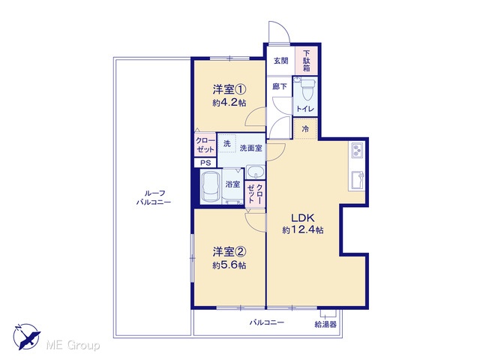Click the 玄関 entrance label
pos(280,61)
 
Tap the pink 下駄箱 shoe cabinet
pos(307,61)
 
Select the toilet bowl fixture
pos(307,89)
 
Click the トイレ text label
pos(305,109)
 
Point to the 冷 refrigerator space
pos(305,129)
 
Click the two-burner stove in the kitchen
pos(357,151)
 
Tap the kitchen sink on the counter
pos(357,181)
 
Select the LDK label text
pos(302,218)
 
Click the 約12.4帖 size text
pos(302,229)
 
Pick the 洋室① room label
pos(229,90)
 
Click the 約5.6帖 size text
pos(229,265)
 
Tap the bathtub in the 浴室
pos(211,187)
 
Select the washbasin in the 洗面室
pos(256,172)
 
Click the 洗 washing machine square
pos(226,143)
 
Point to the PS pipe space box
pos(205,163)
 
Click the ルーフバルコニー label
pos(154,197)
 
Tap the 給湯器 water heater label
pos(325,324)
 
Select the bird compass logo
pos(27,337)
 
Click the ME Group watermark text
pos(73,346)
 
